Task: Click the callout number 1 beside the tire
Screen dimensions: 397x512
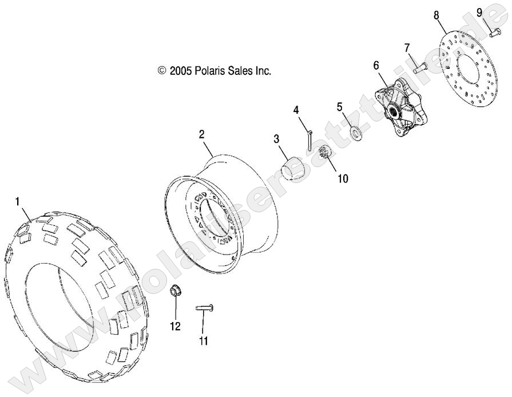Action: tap(17, 201)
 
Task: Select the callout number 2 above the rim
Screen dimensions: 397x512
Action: tap(201, 134)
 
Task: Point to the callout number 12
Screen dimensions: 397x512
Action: tap(174, 326)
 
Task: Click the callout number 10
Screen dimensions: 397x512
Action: tap(342, 178)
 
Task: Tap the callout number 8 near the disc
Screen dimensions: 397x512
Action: tap(436, 15)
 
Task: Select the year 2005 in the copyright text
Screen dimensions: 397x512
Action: tap(180, 71)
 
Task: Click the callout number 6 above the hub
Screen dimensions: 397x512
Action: tap(376, 65)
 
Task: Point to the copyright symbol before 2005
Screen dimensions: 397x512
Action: tap(161, 71)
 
